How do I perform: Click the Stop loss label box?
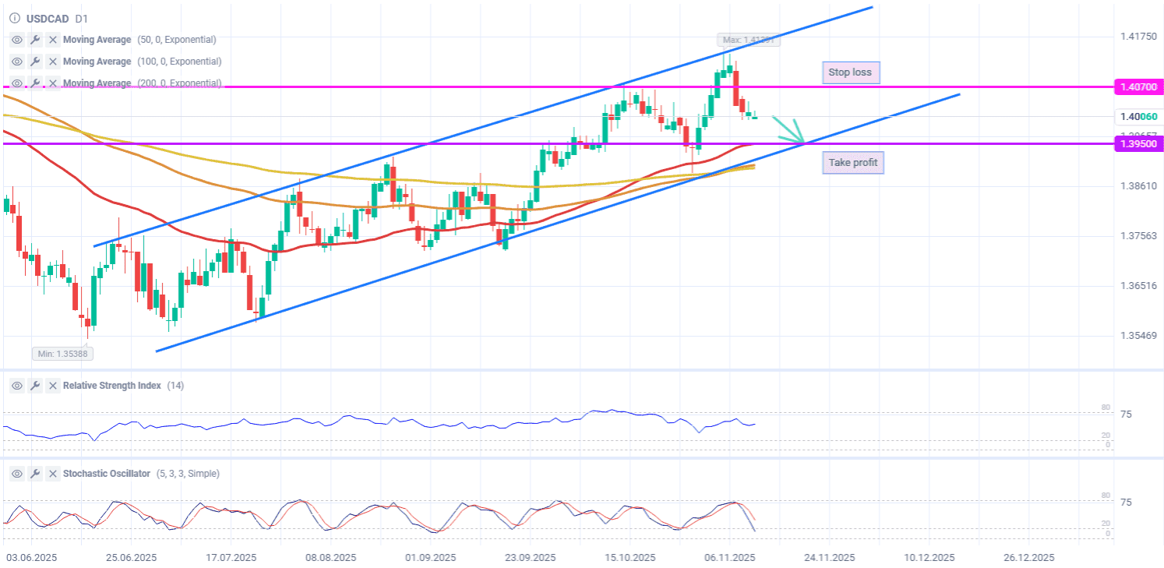(x=851, y=72)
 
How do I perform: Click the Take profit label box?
(x=852, y=162)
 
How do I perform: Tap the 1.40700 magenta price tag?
(x=1138, y=86)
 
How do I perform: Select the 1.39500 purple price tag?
(x=1138, y=144)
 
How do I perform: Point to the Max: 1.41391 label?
(x=748, y=40)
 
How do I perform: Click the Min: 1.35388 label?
(x=62, y=354)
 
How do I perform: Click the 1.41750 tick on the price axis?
(x=1138, y=36)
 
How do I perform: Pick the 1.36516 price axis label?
(x=1138, y=286)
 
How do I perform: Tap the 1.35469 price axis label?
(x=1138, y=336)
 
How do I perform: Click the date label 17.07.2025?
(x=231, y=558)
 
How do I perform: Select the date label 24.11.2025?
(x=829, y=558)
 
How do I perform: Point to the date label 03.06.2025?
(x=32, y=558)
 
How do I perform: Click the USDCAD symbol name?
(x=48, y=17)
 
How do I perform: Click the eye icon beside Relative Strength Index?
(x=16, y=386)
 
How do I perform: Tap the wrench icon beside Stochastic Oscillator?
(x=35, y=474)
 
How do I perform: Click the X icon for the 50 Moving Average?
(x=53, y=40)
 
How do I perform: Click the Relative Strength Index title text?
(x=112, y=386)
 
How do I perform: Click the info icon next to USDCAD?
(x=13, y=17)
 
